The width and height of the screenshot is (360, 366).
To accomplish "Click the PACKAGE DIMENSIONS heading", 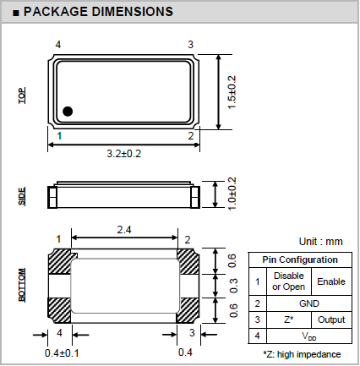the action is [x=98, y=12].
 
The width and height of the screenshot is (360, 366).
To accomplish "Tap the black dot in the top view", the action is [x=68, y=112].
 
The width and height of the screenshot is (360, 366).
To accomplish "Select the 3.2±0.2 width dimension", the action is [x=124, y=154].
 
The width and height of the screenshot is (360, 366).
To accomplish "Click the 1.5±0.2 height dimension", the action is [x=232, y=92].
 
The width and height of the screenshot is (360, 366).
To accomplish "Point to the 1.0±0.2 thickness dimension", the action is [x=232, y=194].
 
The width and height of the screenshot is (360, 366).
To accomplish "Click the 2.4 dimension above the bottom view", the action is [x=124, y=230].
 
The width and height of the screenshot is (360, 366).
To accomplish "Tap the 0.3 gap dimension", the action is [x=233, y=286].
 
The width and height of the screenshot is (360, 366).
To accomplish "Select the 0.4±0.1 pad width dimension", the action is [x=62, y=353].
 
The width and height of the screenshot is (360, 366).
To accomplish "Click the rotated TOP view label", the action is [x=22, y=96].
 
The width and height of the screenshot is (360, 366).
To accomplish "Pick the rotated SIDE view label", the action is [x=22, y=196].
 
